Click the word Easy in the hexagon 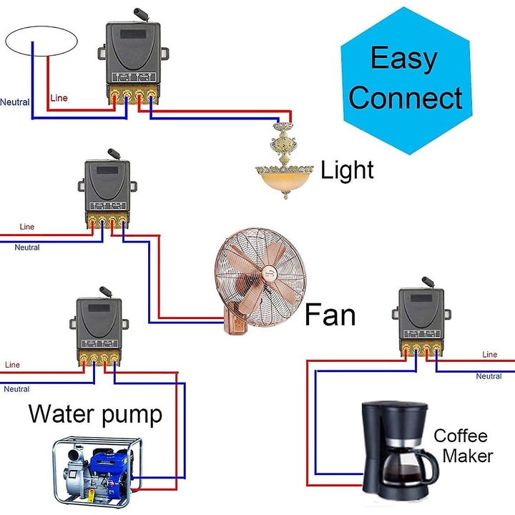click(403, 59)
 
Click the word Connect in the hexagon click(406, 97)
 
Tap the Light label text click(347, 170)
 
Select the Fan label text click(330, 315)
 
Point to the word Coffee click(461, 436)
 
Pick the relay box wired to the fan click(107, 189)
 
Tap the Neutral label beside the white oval click(14, 102)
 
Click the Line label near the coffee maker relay click(489, 354)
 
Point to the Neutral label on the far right click(489, 376)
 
